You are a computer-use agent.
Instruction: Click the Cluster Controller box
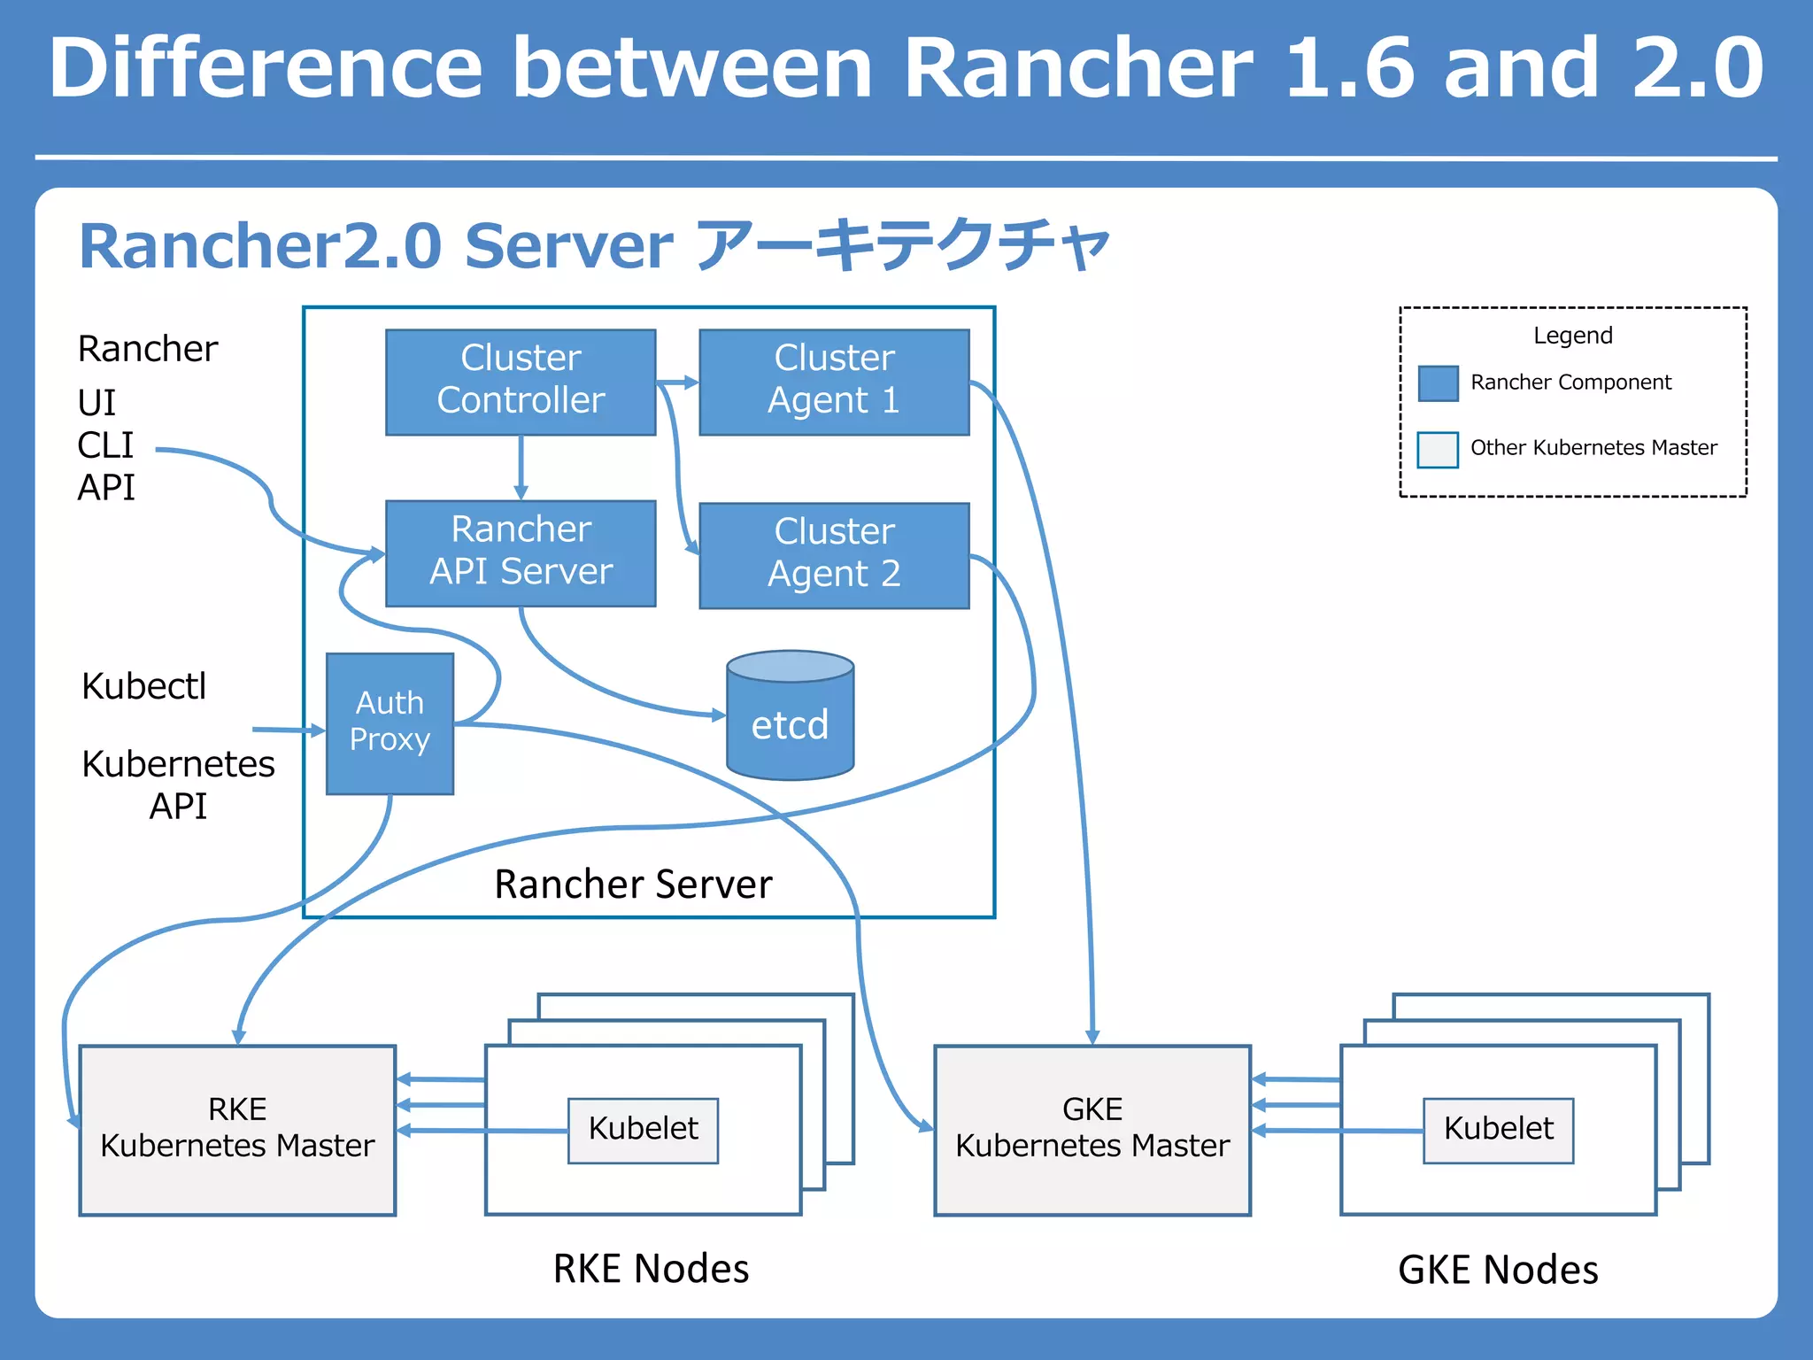point(521,382)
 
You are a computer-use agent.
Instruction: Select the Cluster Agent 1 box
point(834,382)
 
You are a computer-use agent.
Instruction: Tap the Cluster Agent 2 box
point(834,555)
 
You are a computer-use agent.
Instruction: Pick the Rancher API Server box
point(521,552)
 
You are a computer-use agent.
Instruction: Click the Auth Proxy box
point(390,722)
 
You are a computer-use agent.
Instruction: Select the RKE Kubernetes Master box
point(237,1129)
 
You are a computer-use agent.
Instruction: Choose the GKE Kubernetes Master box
point(1092,1129)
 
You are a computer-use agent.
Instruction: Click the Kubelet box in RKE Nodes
point(643,1130)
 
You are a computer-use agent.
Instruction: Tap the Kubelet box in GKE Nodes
point(1498,1130)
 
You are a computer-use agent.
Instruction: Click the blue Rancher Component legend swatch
point(1438,383)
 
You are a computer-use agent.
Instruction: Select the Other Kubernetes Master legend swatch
point(1438,449)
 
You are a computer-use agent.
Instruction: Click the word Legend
point(1572,336)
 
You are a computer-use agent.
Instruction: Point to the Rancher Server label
point(633,884)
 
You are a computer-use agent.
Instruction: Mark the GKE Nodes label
point(1498,1269)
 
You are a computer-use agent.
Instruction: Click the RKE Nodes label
point(651,1268)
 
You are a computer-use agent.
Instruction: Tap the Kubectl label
point(143,686)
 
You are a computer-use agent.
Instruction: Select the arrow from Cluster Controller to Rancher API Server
point(521,467)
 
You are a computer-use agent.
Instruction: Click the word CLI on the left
point(105,445)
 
